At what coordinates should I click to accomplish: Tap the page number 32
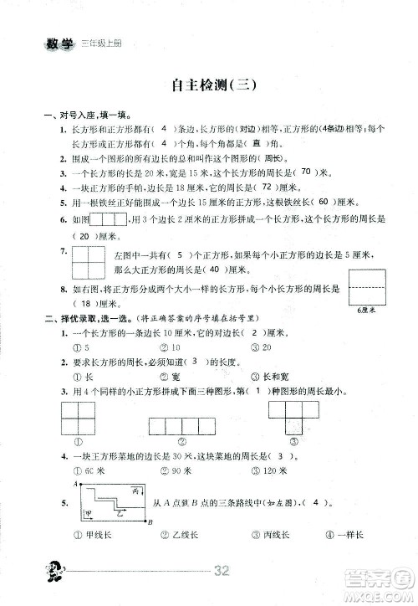(x=222, y=572)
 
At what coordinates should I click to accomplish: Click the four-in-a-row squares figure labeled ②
(x=183, y=428)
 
